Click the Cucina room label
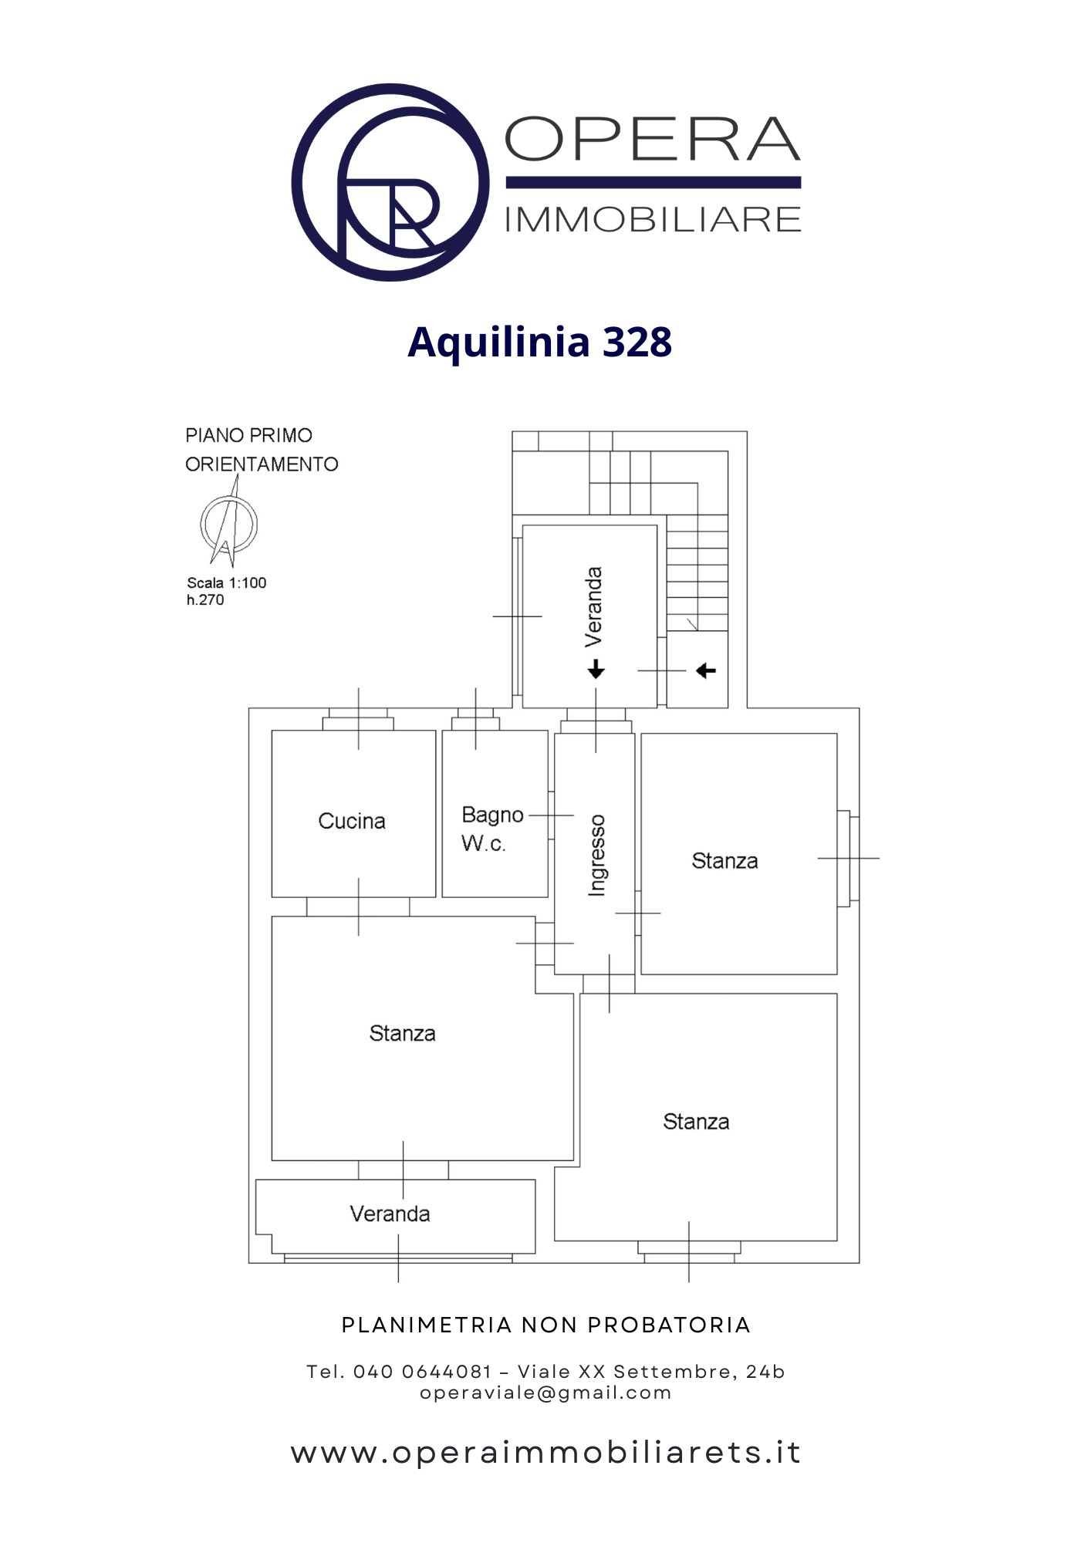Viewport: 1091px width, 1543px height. click(x=352, y=821)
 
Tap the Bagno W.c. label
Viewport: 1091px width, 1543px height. click(x=491, y=829)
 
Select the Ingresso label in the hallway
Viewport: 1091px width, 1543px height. click(x=596, y=855)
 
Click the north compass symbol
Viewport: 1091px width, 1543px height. click(x=228, y=524)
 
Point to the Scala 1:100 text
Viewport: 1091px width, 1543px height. click(x=226, y=583)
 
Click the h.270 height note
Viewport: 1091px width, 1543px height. click(x=205, y=600)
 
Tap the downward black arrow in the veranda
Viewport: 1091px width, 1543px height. click(x=596, y=669)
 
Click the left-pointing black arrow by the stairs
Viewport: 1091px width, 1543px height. click(x=706, y=670)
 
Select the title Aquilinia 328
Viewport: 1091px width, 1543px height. click(x=540, y=341)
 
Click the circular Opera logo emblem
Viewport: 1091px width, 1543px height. click(x=390, y=182)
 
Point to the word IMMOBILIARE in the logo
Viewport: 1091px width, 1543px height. click(x=653, y=220)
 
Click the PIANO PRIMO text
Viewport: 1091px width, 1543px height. click(x=248, y=436)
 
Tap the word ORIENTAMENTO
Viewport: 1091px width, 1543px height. click(x=262, y=464)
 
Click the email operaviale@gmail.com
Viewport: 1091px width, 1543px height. click(x=545, y=1393)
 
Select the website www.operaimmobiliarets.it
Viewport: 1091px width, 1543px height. click(x=545, y=1453)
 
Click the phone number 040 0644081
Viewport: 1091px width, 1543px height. click(x=422, y=1372)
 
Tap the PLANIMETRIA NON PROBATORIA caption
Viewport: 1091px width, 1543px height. click(x=545, y=1325)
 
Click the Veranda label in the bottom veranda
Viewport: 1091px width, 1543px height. click(x=390, y=1214)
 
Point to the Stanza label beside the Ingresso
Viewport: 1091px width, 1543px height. click(x=725, y=861)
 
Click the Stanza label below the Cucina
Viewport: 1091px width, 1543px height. click(x=402, y=1033)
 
